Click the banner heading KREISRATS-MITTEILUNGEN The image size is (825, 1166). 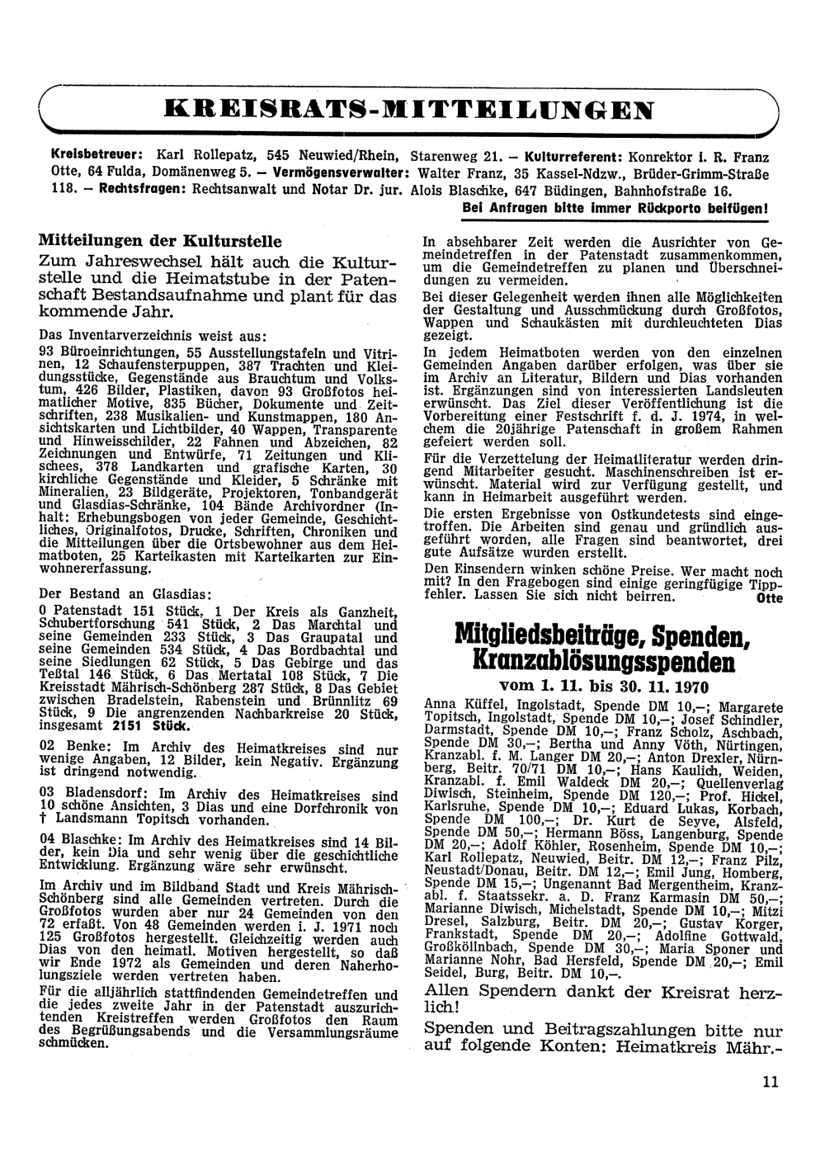409,109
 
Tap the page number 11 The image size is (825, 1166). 771,1083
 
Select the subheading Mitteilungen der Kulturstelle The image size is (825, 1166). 160,242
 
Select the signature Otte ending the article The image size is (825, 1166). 769,598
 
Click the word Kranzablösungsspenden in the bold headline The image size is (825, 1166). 603,662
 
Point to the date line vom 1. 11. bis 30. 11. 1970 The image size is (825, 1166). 604,687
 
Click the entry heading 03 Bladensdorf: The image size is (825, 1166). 88,795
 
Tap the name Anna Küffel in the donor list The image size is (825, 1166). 465,706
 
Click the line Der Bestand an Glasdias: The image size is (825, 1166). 125,594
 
